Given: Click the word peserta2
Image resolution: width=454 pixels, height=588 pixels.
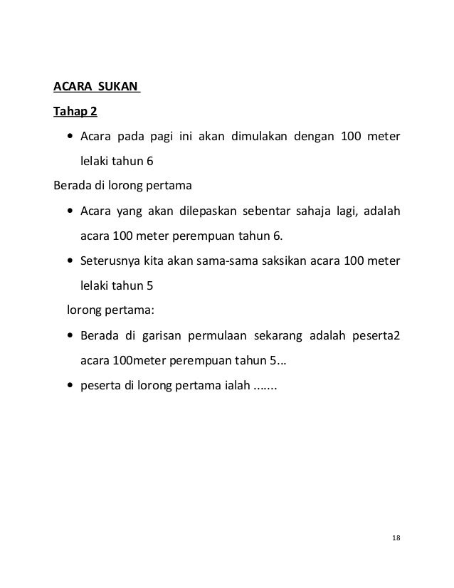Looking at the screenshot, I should coord(376,335).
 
